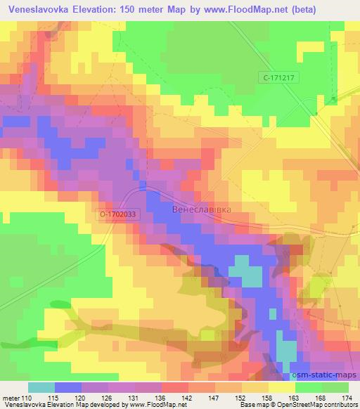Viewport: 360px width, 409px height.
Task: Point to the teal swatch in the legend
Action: click(41, 387)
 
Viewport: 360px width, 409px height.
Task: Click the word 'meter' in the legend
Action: click(11, 398)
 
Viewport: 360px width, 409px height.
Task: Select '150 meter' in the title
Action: click(143, 10)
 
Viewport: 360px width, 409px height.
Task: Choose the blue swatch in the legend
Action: click(69, 387)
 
